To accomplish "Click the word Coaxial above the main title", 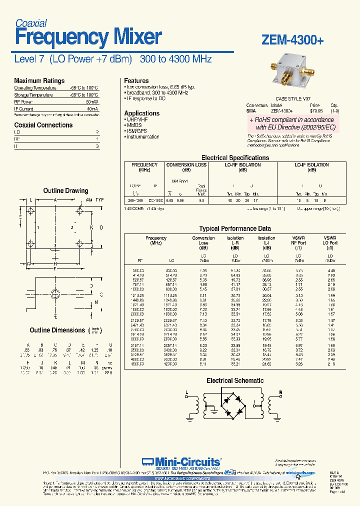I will pyautogui.click(x=31, y=23).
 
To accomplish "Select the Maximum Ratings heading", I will pyautogui.click(x=39, y=80).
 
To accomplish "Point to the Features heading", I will pyautogui.click(x=136, y=80).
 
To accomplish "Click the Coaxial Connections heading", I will pyautogui.click(x=43, y=125).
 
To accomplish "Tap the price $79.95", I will pyautogui.click(x=314, y=110).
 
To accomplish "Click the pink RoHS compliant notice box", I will pyautogui.click(x=292, y=124).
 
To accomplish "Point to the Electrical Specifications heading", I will pyautogui.click(x=235, y=157).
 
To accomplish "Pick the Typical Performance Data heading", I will pyautogui.click(x=235, y=228).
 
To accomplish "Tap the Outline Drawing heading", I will pyautogui.click(x=65, y=190).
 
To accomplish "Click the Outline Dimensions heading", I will pyautogui.click(x=57, y=330).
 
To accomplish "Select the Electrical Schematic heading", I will pyautogui.click(x=235, y=380).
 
